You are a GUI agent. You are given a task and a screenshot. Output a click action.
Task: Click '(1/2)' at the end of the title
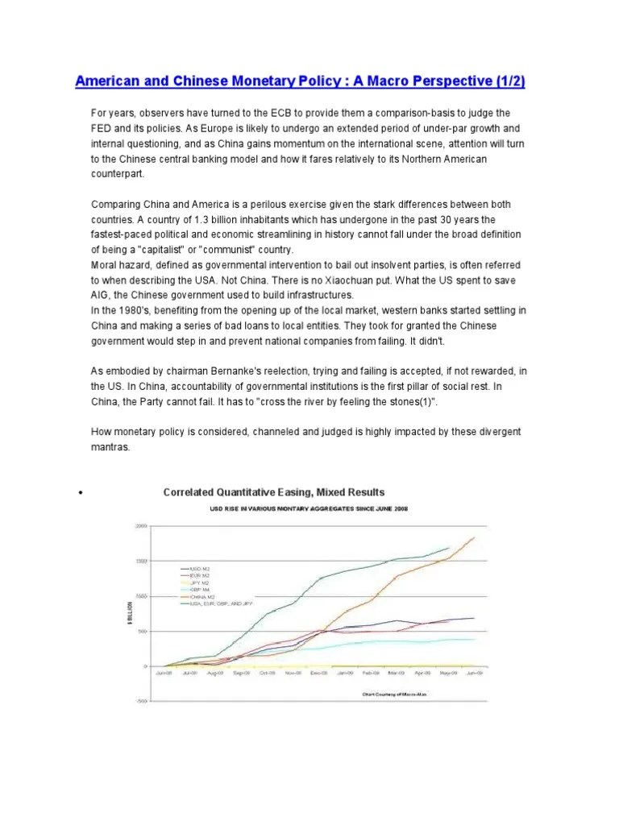click(x=513, y=81)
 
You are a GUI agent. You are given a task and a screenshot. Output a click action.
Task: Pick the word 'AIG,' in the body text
click(x=102, y=295)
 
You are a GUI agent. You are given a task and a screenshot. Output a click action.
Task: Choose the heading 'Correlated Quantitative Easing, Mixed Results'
click(x=273, y=492)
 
